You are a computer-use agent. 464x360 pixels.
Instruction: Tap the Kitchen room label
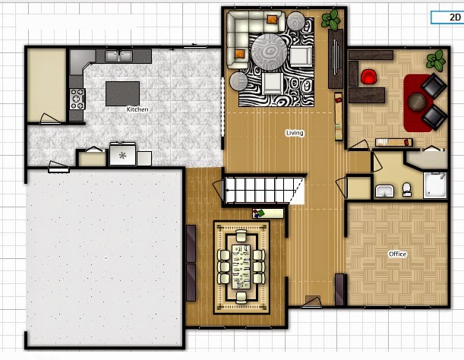[x=137, y=109]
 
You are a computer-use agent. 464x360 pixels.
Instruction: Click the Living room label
[x=295, y=133]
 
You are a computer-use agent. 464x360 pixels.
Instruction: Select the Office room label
[x=397, y=254]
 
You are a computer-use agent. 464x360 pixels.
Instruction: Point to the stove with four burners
[x=77, y=99]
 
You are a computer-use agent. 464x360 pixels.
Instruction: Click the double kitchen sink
[x=118, y=55]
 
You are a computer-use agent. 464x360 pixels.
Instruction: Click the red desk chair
[x=369, y=77]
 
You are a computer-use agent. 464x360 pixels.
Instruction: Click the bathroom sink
[x=384, y=190]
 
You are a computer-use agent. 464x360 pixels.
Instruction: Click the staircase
[x=262, y=189]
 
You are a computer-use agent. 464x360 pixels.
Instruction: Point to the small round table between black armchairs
[x=417, y=101]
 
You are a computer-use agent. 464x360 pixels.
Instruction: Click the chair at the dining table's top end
[x=241, y=237]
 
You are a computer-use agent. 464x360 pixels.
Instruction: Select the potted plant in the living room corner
[x=331, y=21]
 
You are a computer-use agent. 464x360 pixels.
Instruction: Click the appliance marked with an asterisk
[x=122, y=154]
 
